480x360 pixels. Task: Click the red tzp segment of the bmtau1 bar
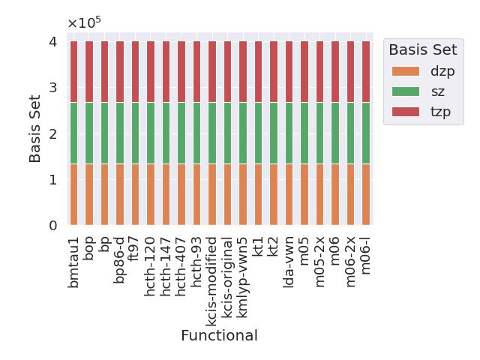click(x=73, y=71)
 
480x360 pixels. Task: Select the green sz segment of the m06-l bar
click(x=366, y=133)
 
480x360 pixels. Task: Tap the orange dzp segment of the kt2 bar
click(x=274, y=194)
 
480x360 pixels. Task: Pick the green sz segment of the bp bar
click(x=104, y=133)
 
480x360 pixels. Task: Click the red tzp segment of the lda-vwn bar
click(x=289, y=71)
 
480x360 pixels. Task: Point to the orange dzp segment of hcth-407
click(x=181, y=194)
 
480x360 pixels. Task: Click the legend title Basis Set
click(x=422, y=49)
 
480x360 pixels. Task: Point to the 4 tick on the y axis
click(x=52, y=41)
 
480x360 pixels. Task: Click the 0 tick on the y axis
click(x=52, y=226)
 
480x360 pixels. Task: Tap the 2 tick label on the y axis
click(x=52, y=133)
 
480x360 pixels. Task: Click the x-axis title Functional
click(x=219, y=335)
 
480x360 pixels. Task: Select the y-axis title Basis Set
click(x=35, y=133)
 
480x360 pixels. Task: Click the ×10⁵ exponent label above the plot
click(x=83, y=22)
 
